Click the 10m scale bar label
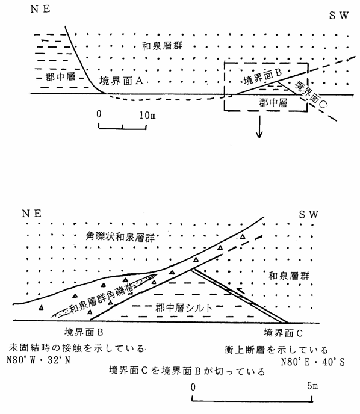[147, 115]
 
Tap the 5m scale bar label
[312, 386]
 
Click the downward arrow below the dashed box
[259, 127]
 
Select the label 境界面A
[122, 81]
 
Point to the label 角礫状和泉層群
[120, 237]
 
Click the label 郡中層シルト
[184, 307]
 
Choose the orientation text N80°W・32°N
[39, 360]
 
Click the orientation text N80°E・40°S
[312, 362]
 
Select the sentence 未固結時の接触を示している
[76, 348]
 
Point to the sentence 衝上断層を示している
[276, 350]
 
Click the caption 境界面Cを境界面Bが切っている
[187, 371]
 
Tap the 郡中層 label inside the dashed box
[273, 102]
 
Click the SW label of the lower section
[308, 214]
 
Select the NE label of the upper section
[40, 9]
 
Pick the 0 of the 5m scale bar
[193, 387]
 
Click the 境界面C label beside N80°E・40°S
[283, 333]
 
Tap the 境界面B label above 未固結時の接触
[84, 332]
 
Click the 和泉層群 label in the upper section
[163, 46]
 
